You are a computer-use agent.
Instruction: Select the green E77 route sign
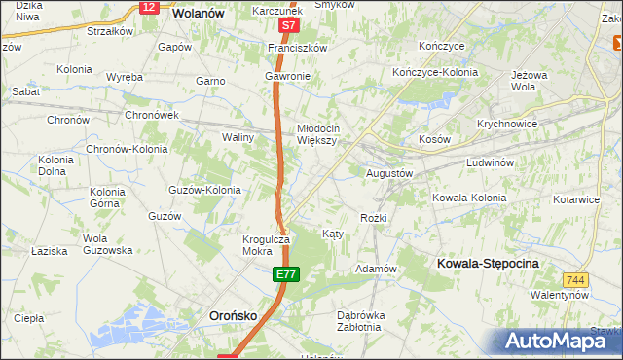(x=284, y=275)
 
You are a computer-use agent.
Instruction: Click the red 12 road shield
(x=148, y=7)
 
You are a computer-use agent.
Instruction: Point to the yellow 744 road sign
(x=575, y=280)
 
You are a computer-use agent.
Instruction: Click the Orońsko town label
(x=235, y=315)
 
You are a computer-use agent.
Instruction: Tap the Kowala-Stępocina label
(x=488, y=264)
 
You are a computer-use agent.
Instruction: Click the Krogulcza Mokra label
(x=266, y=244)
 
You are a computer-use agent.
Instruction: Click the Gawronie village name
(x=287, y=76)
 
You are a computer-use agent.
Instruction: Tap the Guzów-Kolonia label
(x=204, y=190)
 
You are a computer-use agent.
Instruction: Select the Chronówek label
(x=151, y=115)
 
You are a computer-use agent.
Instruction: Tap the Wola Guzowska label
(x=107, y=244)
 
